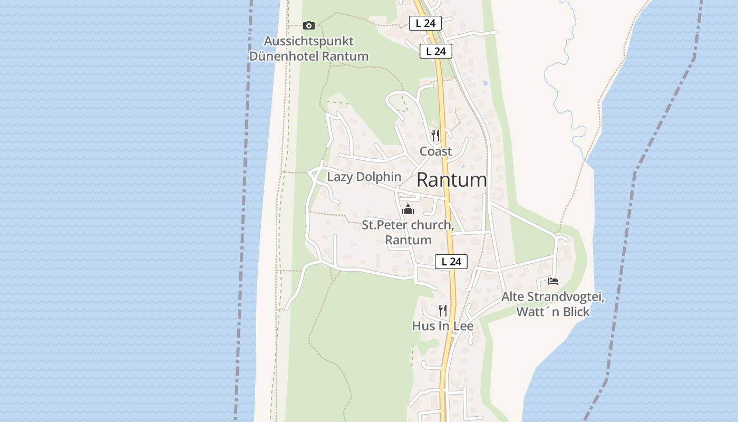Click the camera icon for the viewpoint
(309, 25)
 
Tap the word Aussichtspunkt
(308, 41)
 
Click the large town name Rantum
(452, 180)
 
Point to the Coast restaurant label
(435, 151)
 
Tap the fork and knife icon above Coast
(435, 136)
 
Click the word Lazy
(339, 177)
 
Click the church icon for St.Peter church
(408, 210)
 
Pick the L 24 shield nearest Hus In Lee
(451, 261)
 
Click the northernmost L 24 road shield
(425, 23)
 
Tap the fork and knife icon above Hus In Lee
(443, 310)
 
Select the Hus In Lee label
(443, 327)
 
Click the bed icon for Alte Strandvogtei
(552, 281)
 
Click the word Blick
(576, 312)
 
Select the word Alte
(512, 297)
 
